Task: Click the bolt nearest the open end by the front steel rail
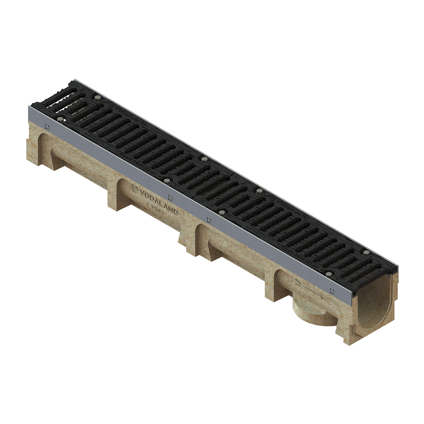click(x=328, y=274)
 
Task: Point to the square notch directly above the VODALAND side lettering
click(x=171, y=198)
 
